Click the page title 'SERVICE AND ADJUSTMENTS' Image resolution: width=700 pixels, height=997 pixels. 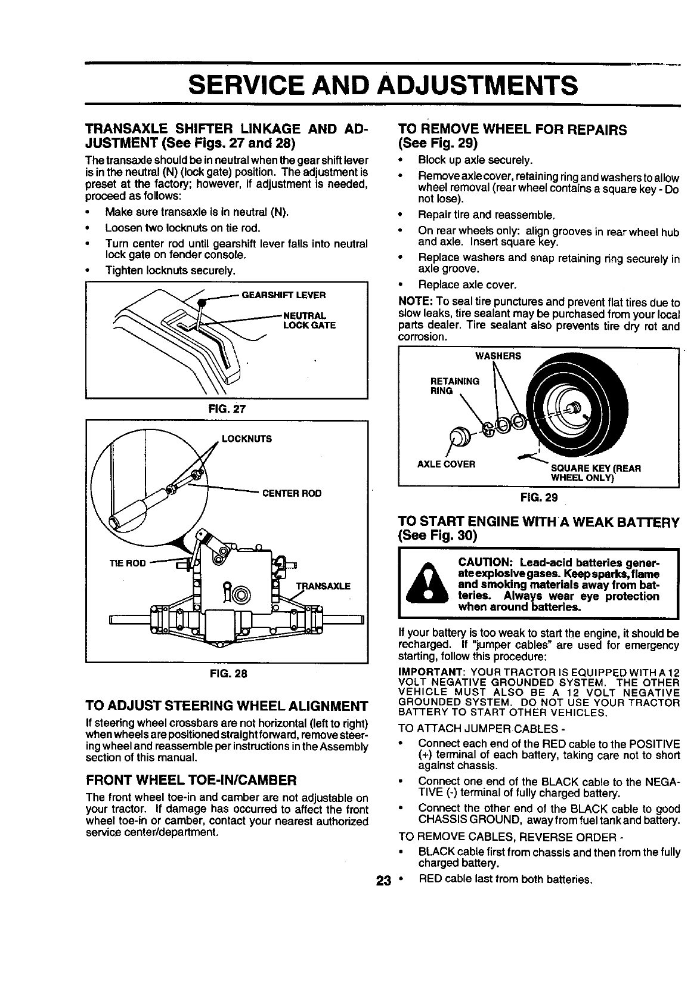click(x=382, y=85)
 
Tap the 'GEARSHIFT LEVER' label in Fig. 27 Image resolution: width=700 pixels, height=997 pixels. click(x=283, y=295)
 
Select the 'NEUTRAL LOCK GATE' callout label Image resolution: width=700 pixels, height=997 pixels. click(x=308, y=320)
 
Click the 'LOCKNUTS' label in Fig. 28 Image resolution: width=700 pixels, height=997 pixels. click(x=246, y=439)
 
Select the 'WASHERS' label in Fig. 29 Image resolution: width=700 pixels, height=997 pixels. click(x=497, y=356)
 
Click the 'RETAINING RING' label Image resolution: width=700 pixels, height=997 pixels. click(x=454, y=386)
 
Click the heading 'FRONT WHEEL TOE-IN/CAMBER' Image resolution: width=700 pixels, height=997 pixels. click(x=191, y=780)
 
